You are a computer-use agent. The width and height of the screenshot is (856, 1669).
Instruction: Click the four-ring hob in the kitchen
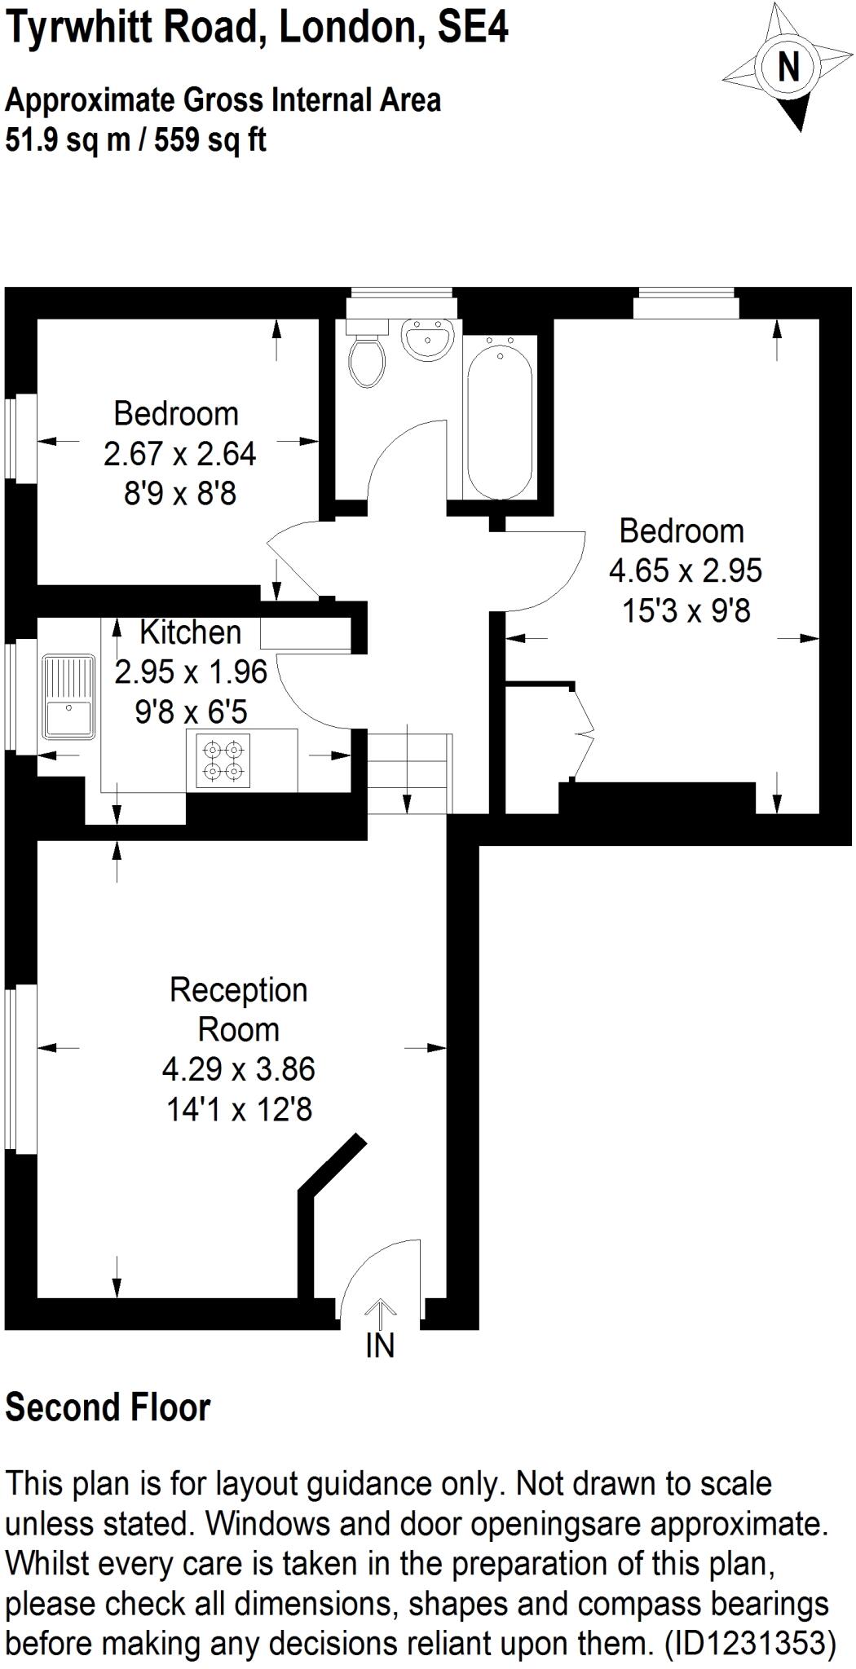tap(223, 760)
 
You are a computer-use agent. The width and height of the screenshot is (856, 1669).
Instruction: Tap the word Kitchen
tap(190, 632)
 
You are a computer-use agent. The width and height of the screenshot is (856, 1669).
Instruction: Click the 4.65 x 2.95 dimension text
tap(685, 570)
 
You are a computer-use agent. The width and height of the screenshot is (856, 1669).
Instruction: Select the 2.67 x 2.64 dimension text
tap(179, 454)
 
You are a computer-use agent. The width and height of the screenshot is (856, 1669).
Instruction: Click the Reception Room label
tap(238, 1010)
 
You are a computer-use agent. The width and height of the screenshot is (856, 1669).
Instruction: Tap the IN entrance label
tap(380, 1345)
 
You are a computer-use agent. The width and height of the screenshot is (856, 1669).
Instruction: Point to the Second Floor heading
tap(108, 1407)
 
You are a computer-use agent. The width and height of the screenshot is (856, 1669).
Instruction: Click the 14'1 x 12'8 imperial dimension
tap(239, 1109)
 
